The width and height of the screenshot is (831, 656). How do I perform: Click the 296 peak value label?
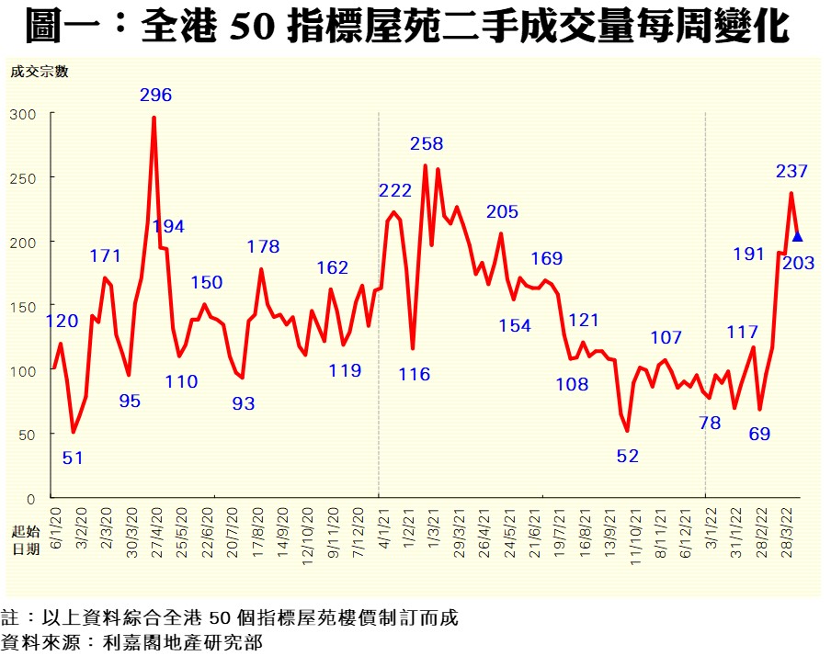(x=155, y=95)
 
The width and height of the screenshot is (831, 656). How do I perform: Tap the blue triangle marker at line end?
(x=797, y=237)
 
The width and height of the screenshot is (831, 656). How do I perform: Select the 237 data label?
(x=791, y=171)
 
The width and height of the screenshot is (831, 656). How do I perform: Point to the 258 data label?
(x=427, y=143)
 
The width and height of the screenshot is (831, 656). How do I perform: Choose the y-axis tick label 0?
(x=30, y=498)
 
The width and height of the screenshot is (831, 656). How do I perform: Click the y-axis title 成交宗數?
(x=39, y=71)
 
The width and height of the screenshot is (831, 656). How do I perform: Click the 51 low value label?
(x=73, y=457)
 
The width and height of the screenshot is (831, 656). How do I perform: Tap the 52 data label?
(x=628, y=455)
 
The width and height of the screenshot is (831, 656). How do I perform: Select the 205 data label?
(x=502, y=212)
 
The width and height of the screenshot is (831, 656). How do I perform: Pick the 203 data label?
(x=797, y=264)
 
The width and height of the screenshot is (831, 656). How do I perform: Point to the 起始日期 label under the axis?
(x=26, y=541)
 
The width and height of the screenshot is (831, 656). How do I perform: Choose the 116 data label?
(x=415, y=374)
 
